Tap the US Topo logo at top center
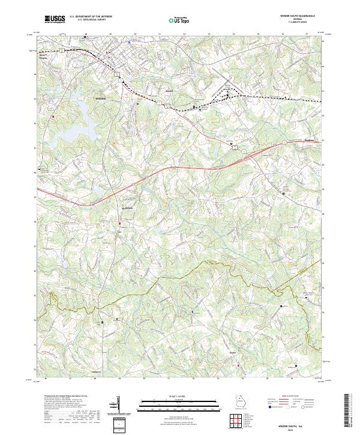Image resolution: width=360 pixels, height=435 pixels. click(178, 19)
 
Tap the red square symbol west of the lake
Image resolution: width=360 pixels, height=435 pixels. click(53, 116)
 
